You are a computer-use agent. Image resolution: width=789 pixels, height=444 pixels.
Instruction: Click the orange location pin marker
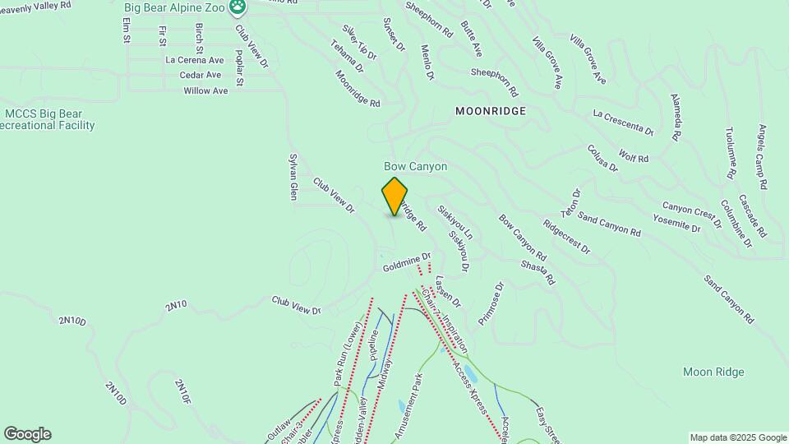394,196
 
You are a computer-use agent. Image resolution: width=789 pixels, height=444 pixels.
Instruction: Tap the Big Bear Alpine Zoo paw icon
238,7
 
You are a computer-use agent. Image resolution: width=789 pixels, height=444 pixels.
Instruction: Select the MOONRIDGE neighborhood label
491,109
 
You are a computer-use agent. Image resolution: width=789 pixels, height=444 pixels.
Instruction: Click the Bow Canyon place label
416,166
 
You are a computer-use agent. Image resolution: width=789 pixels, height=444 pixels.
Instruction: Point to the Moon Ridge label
713,372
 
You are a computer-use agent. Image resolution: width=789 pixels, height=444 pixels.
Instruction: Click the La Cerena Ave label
194,60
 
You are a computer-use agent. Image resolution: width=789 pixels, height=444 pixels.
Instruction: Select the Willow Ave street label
205,90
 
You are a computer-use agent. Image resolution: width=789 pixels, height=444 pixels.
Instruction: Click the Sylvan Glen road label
293,176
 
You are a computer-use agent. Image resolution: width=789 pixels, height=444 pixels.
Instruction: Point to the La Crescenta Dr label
622,121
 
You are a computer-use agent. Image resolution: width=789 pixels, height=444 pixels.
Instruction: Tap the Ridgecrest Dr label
566,236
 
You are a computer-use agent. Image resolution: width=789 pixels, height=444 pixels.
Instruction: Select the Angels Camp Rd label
762,157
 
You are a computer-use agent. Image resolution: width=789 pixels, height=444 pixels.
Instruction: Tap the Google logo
27,434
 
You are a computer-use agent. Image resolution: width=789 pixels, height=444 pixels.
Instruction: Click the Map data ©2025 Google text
737,437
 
